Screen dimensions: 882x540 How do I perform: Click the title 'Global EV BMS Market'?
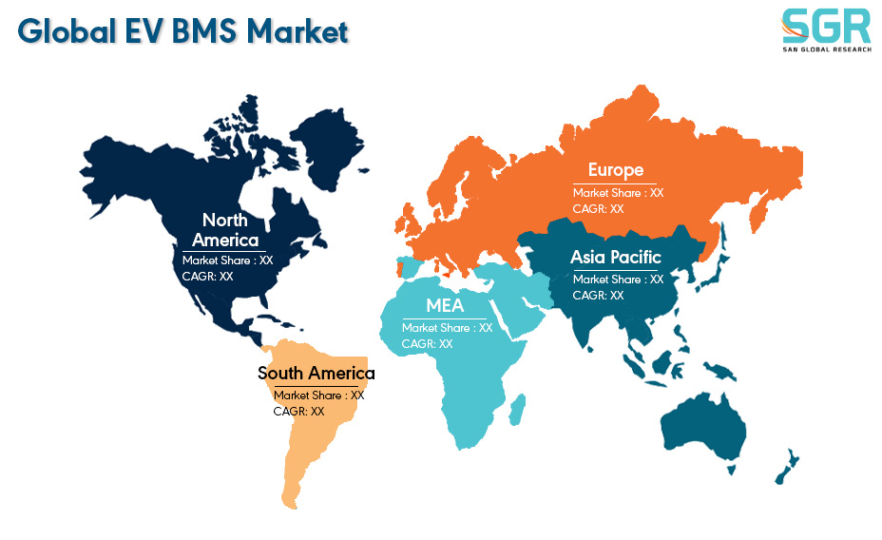pyautogui.click(x=183, y=31)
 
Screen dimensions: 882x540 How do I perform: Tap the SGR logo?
pyautogui.click(x=826, y=30)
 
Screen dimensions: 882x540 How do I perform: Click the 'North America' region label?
pyautogui.click(x=225, y=230)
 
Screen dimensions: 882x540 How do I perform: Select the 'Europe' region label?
pyautogui.click(x=616, y=170)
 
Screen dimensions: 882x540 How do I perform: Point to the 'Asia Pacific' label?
pyautogui.click(x=615, y=257)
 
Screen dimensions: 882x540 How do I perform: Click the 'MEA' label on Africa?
pyautogui.click(x=445, y=305)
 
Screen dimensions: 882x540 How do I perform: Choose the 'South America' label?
pyautogui.click(x=316, y=373)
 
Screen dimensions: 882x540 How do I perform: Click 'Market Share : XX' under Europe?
pyautogui.click(x=618, y=193)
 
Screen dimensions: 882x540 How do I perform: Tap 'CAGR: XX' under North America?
pyautogui.click(x=207, y=277)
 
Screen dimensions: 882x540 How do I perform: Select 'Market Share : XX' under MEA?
pyautogui.click(x=448, y=328)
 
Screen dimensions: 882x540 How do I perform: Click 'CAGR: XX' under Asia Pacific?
pyautogui.click(x=598, y=296)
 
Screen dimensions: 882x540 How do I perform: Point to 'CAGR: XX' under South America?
pyautogui.click(x=298, y=412)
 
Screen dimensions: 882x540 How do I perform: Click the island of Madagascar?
pyautogui.click(x=517, y=410)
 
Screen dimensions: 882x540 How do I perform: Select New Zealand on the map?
pyautogui.click(x=788, y=466)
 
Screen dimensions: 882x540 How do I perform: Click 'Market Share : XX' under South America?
pyautogui.click(x=319, y=395)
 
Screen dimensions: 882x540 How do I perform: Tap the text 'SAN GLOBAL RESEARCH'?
pyautogui.click(x=827, y=49)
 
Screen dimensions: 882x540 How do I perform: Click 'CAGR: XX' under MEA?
pyautogui.click(x=427, y=344)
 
